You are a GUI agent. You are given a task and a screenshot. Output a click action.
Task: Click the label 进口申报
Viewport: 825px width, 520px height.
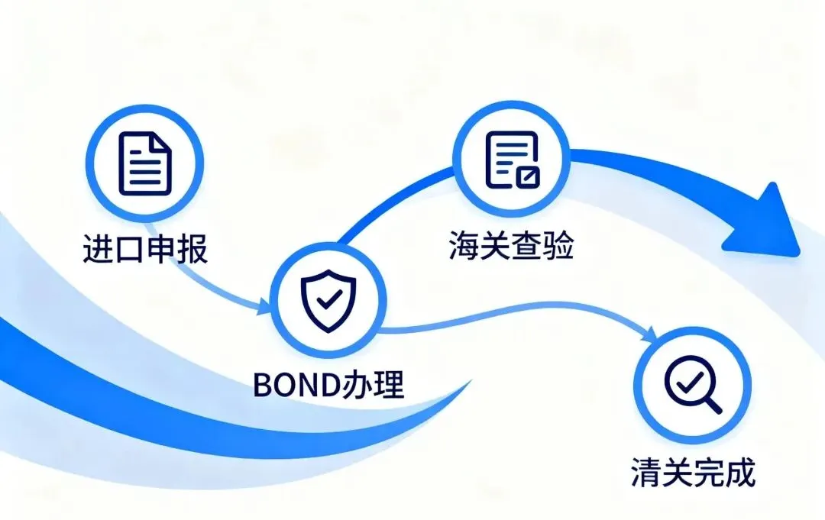coord(145,249)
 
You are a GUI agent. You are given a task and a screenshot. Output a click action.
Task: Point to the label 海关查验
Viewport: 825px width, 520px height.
coord(511,246)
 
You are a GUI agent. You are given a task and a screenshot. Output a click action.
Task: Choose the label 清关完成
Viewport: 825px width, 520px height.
coord(692,473)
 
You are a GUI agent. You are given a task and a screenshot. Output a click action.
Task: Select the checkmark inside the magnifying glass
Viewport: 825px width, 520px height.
coord(686,377)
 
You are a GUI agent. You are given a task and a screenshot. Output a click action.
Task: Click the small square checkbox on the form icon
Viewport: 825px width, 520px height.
coord(527,177)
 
